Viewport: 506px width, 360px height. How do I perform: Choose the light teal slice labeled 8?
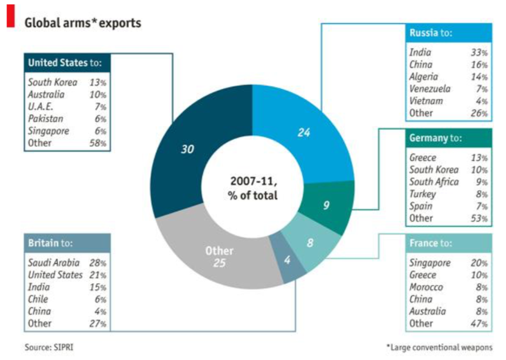tap(310, 243)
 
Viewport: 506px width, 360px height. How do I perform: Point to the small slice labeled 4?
tap(287, 261)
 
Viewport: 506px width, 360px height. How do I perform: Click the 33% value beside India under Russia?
tap(480, 53)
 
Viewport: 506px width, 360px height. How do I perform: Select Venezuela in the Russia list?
tap(430, 89)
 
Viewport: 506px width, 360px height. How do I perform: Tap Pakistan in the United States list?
tap(46, 119)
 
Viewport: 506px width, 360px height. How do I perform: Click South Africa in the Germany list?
tap(434, 182)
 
